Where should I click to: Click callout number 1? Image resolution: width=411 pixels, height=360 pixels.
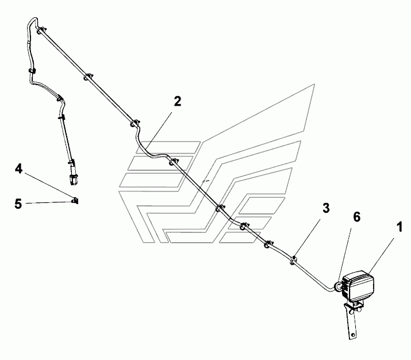point(399,227)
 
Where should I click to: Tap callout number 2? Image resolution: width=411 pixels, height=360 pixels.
point(178,101)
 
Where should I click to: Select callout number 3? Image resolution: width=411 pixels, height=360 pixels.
point(326,208)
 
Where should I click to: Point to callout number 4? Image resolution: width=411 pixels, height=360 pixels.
point(18,169)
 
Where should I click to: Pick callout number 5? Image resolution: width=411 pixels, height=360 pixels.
point(18,204)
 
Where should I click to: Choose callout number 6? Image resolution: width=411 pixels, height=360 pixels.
point(357,217)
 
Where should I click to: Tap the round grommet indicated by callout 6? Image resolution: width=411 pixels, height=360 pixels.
point(338,286)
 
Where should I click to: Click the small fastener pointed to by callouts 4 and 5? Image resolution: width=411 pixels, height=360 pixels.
point(75,201)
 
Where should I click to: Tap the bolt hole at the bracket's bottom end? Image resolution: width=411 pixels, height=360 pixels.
point(353,335)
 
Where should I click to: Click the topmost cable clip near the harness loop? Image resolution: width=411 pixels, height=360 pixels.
point(41,30)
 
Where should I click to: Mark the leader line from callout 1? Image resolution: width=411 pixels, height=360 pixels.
point(381,255)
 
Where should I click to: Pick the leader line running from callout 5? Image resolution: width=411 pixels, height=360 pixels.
point(49,202)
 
